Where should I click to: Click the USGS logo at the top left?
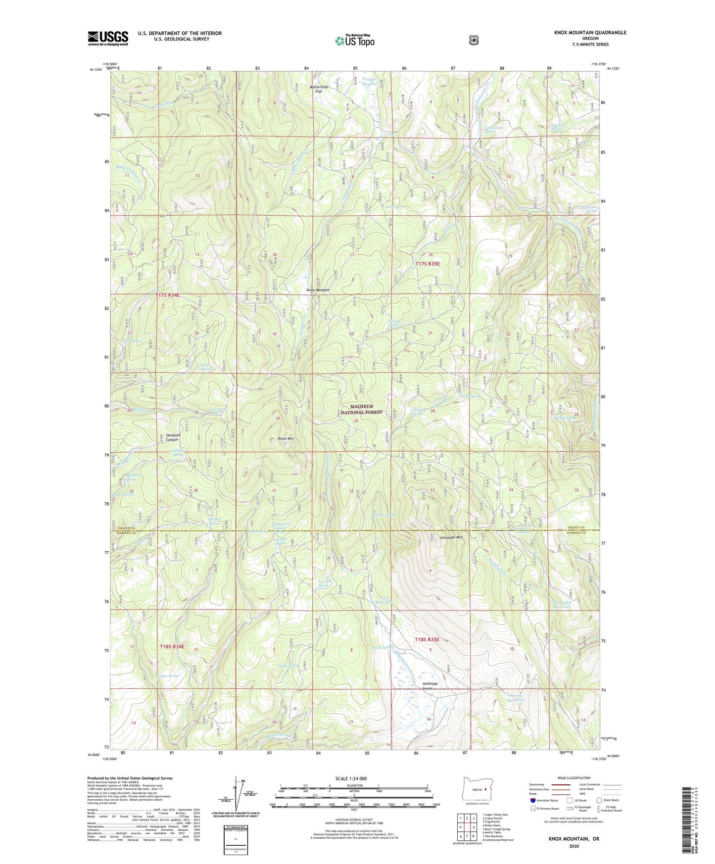(x=108, y=38)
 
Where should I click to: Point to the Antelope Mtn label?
(x=451, y=537)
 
